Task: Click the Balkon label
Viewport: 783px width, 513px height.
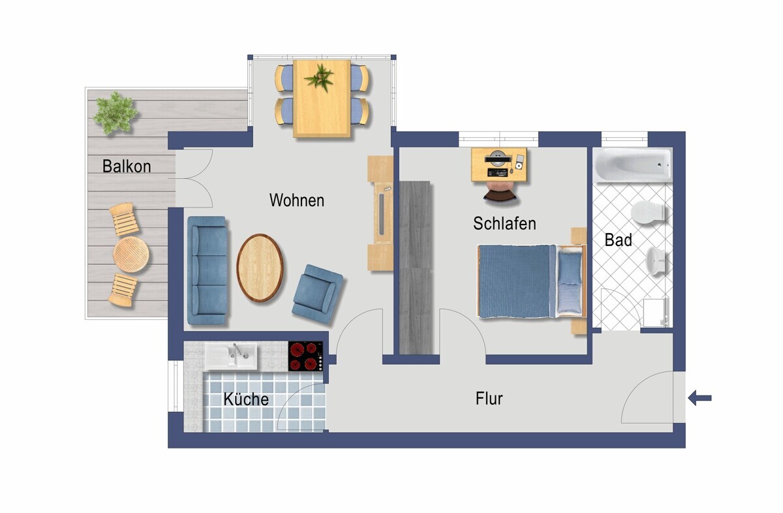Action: coord(127,166)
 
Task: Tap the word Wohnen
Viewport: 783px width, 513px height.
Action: coord(297,200)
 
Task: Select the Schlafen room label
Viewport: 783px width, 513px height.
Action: coord(504,223)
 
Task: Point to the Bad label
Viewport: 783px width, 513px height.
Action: coord(618,240)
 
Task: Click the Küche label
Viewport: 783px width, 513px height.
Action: coord(246,399)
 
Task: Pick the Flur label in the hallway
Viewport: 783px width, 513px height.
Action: coord(489,398)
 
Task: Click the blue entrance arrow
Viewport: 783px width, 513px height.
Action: coord(699,398)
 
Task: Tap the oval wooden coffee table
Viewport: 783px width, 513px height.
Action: coord(260,268)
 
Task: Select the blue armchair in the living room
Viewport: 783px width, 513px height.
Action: coord(317,294)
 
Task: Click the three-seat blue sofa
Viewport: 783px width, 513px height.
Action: coord(207,270)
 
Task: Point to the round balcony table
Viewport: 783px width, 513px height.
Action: coord(131,255)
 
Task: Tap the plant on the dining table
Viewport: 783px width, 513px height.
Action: coord(320,78)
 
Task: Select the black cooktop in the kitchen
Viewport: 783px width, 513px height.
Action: coord(305,356)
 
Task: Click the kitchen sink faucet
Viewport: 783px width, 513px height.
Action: coord(239,350)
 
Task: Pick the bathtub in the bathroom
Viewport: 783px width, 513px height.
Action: coord(633,165)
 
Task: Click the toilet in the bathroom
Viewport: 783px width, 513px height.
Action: coord(648,212)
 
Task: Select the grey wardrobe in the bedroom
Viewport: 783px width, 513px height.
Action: coord(415,268)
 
